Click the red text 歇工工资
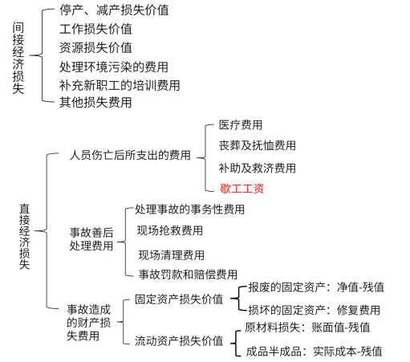[x=242, y=189]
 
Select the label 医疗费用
[x=241, y=125]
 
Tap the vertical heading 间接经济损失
[x=18, y=58]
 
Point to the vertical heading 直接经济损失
[x=24, y=237]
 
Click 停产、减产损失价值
[x=114, y=10]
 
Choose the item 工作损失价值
[x=95, y=29]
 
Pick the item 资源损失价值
[x=95, y=47]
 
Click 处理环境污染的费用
[x=114, y=67]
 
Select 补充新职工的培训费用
[x=120, y=85]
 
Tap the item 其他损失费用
[x=95, y=102]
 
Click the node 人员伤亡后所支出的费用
[x=130, y=155]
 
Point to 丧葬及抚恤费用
[x=258, y=145]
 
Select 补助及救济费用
[x=258, y=169]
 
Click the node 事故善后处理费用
[x=91, y=239]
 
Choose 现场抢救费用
[x=170, y=230]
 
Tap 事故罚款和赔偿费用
[x=188, y=275]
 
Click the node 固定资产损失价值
[x=179, y=299]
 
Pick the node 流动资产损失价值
[x=179, y=341]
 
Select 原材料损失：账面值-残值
[x=307, y=327]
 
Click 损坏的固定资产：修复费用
[x=314, y=310]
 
